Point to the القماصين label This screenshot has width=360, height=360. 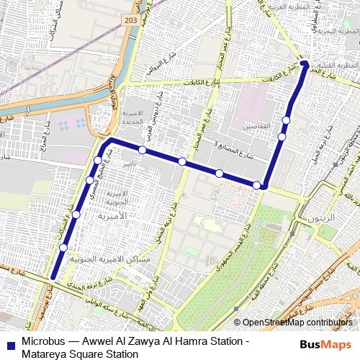click(x=257, y=126)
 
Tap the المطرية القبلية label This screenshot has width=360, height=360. click(x=338, y=65)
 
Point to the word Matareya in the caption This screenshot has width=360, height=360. click(x=45, y=353)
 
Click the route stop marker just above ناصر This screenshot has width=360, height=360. click(x=143, y=150)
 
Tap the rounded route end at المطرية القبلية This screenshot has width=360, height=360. click(x=304, y=63)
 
